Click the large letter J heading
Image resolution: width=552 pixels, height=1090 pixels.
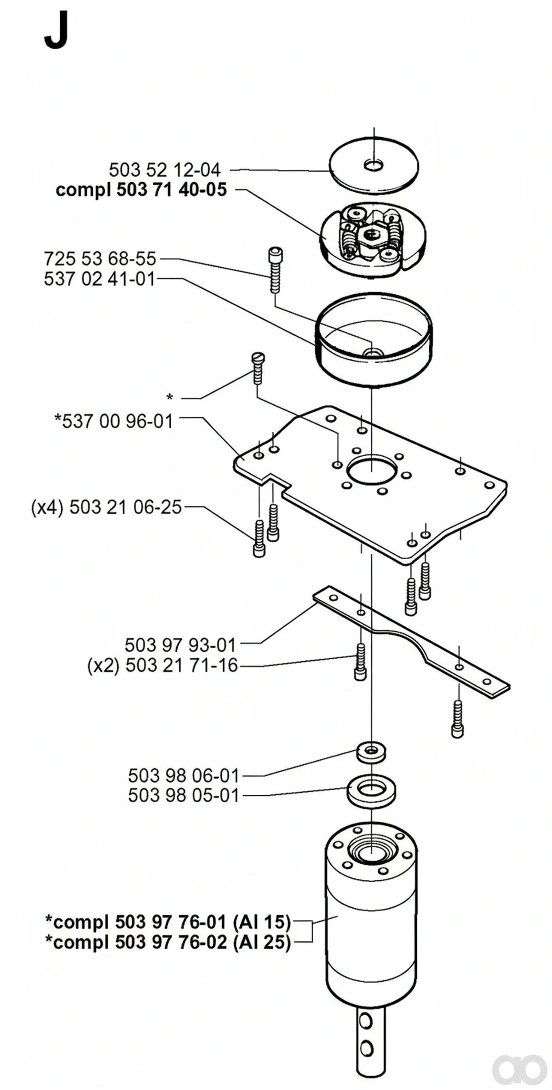tap(57, 30)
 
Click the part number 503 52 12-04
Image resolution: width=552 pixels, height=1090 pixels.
tap(165, 170)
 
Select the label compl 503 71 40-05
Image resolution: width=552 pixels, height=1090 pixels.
tap(141, 190)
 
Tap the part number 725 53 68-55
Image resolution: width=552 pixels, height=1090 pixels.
tap(100, 259)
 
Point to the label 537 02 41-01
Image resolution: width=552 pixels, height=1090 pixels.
tap(100, 279)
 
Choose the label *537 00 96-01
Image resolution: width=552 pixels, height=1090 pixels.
tap(114, 421)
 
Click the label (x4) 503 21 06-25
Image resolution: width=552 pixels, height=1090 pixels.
tap(107, 507)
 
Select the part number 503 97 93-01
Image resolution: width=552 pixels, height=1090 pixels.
tap(180, 645)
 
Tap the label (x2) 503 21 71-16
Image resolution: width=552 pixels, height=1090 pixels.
tap(163, 665)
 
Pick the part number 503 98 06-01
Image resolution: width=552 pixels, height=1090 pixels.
tap(184, 776)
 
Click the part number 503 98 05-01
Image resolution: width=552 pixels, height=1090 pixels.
tap(184, 795)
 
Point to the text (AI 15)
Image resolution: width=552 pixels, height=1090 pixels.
tap(262, 922)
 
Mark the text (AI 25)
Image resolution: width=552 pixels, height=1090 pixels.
tap(262, 942)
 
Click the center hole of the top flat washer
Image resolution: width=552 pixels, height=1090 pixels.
tap(374, 164)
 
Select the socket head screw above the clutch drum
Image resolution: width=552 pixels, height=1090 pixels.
tap(275, 270)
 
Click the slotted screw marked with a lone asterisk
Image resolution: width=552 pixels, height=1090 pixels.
tap(258, 368)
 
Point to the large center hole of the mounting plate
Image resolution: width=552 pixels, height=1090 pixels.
tap(372, 469)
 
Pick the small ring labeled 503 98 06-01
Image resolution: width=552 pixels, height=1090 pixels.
tap(371, 752)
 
